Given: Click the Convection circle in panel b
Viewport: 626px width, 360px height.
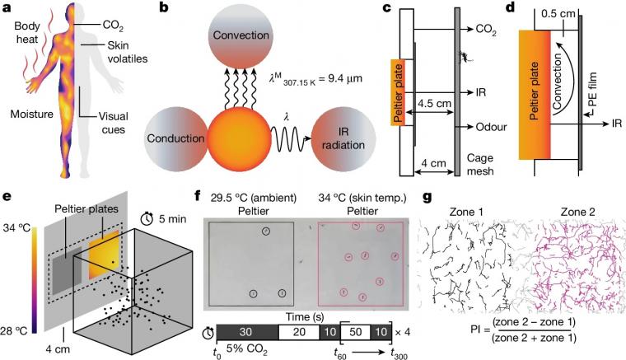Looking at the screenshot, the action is pos(241,35).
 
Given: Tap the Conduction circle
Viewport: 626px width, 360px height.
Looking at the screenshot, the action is pos(175,138).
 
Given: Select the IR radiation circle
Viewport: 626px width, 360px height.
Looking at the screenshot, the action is pos(343,138).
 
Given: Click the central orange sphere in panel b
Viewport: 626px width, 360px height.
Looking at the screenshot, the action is pos(240,138).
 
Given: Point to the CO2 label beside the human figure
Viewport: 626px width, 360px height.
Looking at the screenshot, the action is pos(113,26).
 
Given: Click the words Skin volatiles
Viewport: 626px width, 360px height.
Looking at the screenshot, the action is pos(128,52).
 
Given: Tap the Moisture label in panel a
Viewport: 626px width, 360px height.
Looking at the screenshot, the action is pos(32,115).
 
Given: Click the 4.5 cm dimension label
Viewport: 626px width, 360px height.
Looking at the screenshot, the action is pos(435,103).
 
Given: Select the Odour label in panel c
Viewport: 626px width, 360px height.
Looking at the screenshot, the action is pos(492,127).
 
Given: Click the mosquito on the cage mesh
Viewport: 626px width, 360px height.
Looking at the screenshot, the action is pos(466,57).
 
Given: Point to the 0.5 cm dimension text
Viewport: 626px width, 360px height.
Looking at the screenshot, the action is pos(558,13).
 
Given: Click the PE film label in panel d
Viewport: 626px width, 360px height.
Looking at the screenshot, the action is pos(592,90).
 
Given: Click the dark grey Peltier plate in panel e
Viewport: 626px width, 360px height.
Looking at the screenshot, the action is pos(67,270).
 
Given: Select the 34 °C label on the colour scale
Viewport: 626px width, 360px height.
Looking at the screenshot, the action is pos(16,228).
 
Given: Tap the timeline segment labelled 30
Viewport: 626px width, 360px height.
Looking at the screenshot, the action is pos(247,332).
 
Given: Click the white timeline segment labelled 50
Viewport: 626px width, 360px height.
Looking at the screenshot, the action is pos(355,332).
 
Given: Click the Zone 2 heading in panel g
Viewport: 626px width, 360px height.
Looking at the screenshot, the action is pos(577,212).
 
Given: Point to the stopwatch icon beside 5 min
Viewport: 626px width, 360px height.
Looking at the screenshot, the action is pos(148,217).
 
